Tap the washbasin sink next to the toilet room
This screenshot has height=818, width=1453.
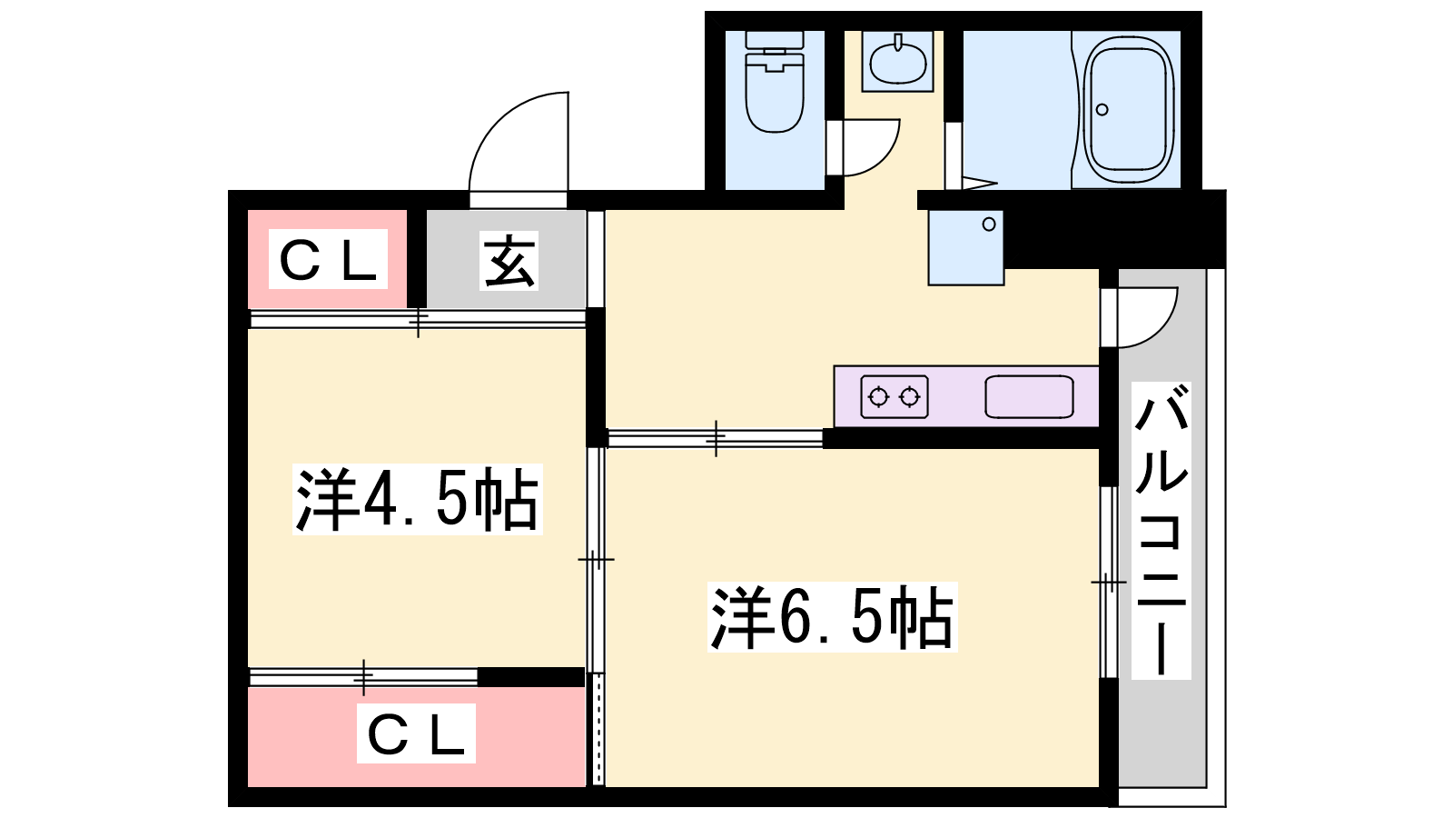click(898, 62)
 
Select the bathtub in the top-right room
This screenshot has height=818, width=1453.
click(1128, 108)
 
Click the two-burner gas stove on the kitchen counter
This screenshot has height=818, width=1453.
click(895, 396)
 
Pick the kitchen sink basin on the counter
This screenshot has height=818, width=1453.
click(1029, 396)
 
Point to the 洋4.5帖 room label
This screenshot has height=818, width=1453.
click(417, 499)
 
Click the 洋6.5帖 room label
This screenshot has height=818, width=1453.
click(832, 617)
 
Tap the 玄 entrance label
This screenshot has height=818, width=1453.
click(509, 261)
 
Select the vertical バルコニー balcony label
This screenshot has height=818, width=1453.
click(1161, 531)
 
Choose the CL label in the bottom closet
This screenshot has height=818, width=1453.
click(416, 733)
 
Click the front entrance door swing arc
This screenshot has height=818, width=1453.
click(509, 136)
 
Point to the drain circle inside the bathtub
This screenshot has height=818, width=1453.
click(1102, 110)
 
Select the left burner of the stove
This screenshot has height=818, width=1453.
click(878, 397)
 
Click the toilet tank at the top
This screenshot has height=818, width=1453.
click(775, 41)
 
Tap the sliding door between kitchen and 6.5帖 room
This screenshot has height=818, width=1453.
click(716, 438)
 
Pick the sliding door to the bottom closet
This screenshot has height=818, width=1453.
click(363, 677)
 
